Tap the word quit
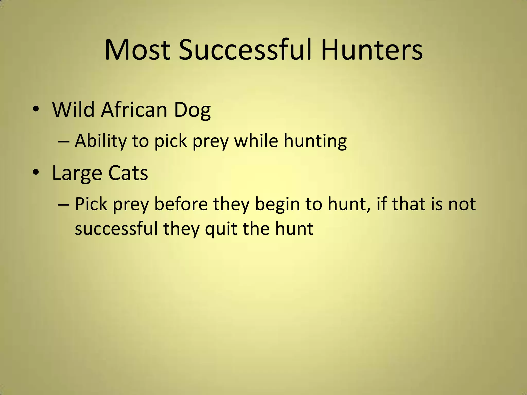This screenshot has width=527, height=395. [x=221, y=229]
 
